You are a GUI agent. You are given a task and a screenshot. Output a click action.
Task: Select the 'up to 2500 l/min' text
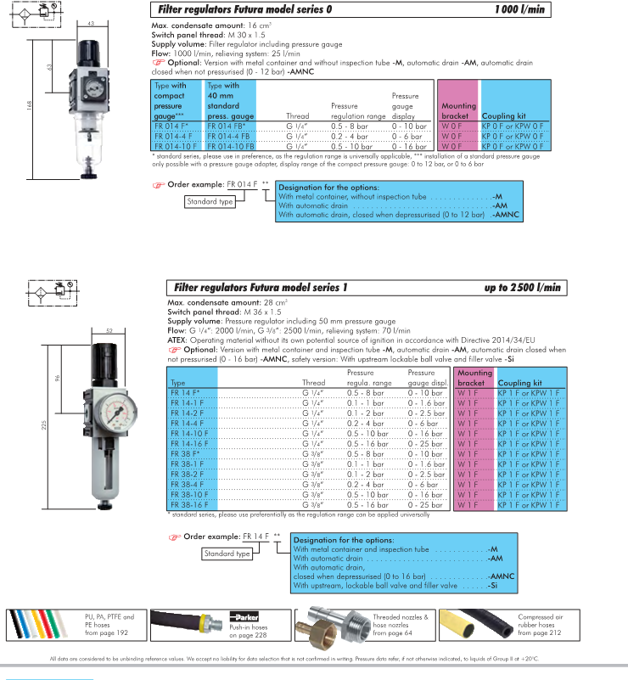[523, 288]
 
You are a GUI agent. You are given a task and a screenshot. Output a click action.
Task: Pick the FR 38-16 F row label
[191, 504]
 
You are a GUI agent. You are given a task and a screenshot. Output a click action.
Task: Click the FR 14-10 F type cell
[191, 432]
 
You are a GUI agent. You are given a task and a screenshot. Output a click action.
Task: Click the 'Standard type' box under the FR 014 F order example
[209, 201]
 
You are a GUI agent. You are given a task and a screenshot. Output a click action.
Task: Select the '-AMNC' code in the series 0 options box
[507, 215]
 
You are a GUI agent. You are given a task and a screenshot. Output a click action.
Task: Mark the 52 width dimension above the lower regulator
[109, 329]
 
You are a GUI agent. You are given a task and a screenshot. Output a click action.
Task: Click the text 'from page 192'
[107, 632]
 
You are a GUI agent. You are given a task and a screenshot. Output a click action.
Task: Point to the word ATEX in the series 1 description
[177, 340]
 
